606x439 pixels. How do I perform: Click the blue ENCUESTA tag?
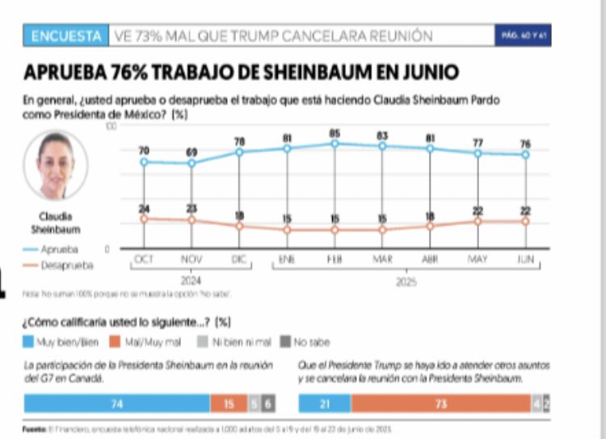point(67,36)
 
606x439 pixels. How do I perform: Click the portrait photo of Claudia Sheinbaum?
point(55,166)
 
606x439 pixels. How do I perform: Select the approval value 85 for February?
point(334,133)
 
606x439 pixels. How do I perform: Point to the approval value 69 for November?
point(191,152)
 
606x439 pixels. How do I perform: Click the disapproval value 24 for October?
point(144,209)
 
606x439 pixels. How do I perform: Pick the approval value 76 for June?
point(525,144)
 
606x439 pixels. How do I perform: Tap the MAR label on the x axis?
point(382,260)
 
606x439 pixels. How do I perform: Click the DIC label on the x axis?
point(239,260)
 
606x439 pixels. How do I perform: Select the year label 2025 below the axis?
point(406,283)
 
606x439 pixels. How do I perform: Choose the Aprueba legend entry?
point(60,250)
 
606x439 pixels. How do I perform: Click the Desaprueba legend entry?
point(65,264)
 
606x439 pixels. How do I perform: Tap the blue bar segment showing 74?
point(117,403)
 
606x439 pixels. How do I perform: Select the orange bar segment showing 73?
point(440,403)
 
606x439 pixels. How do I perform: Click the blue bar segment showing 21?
point(324,403)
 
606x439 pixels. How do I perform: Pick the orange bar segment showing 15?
point(228,403)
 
